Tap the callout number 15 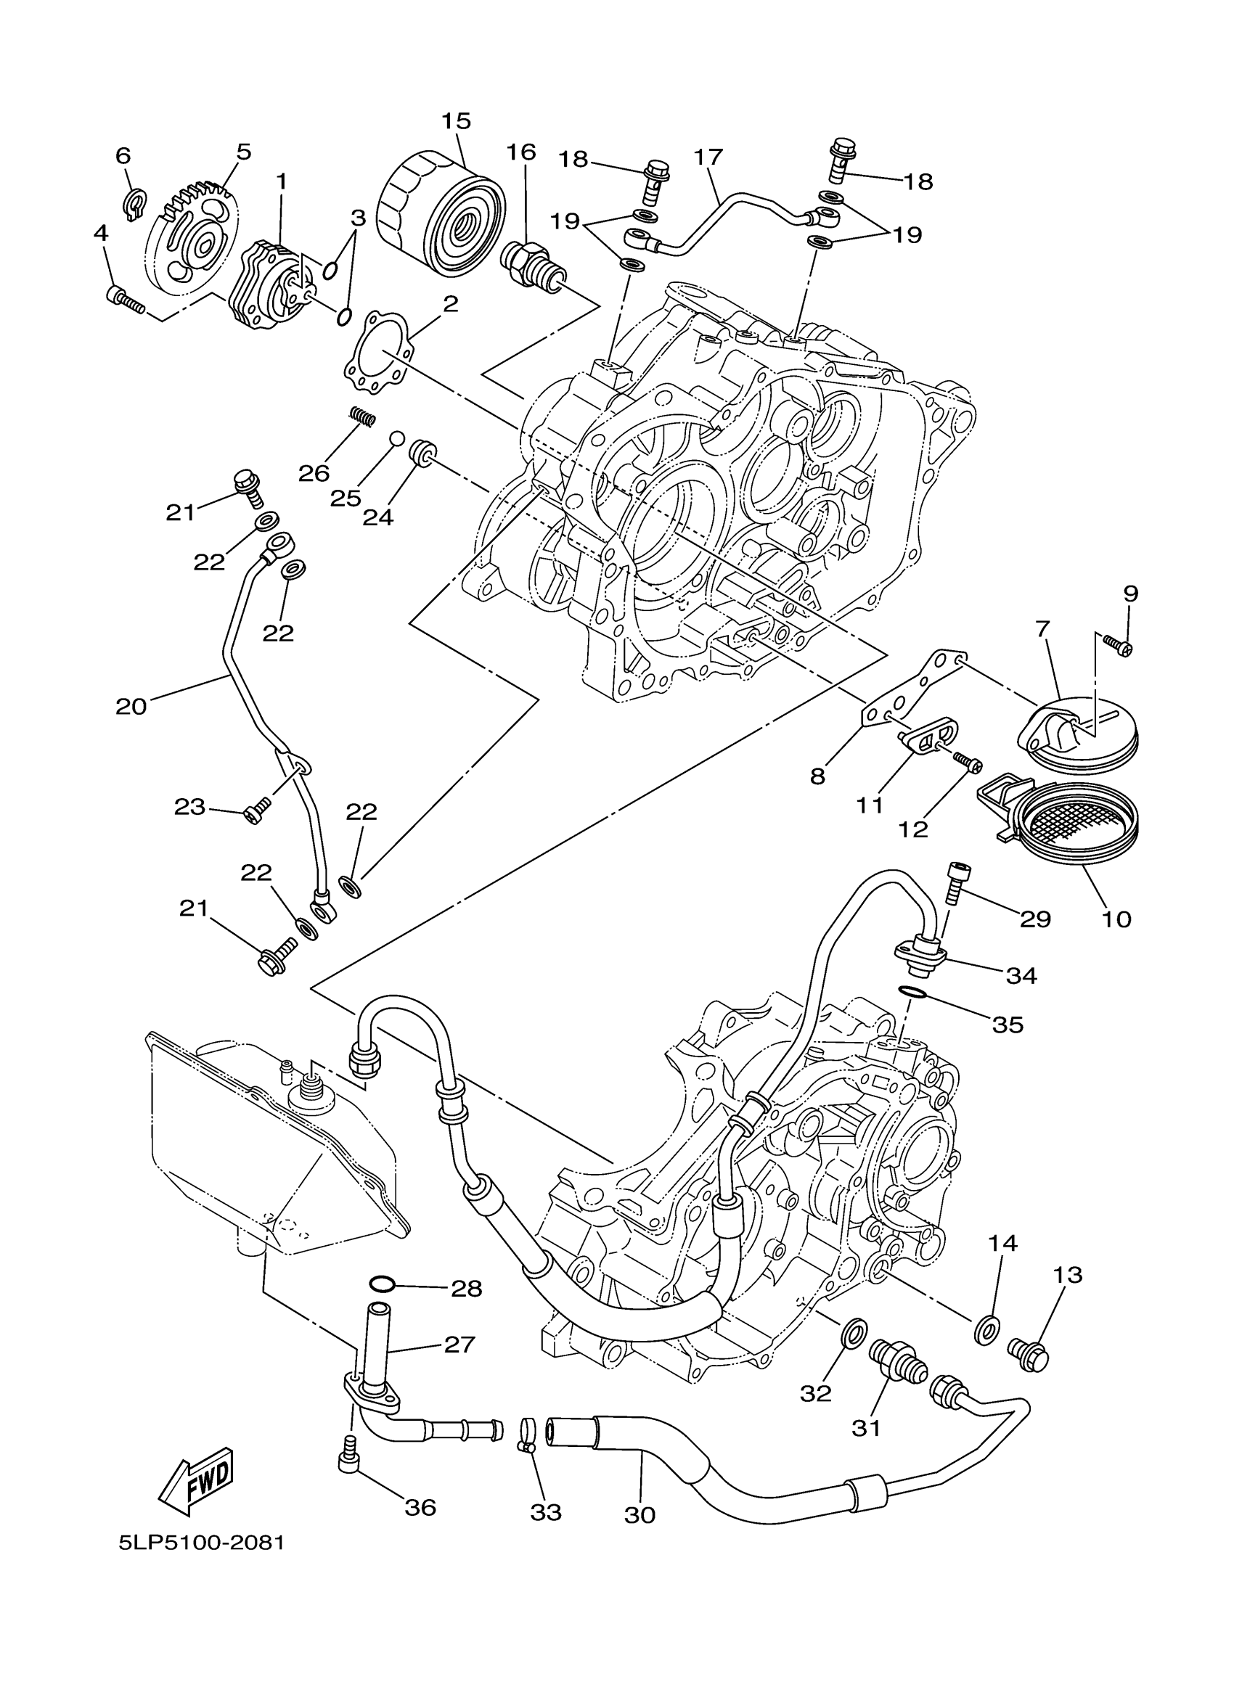coord(455,121)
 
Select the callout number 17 coord(708,157)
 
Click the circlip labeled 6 coord(132,206)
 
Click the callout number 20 coord(131,707)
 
